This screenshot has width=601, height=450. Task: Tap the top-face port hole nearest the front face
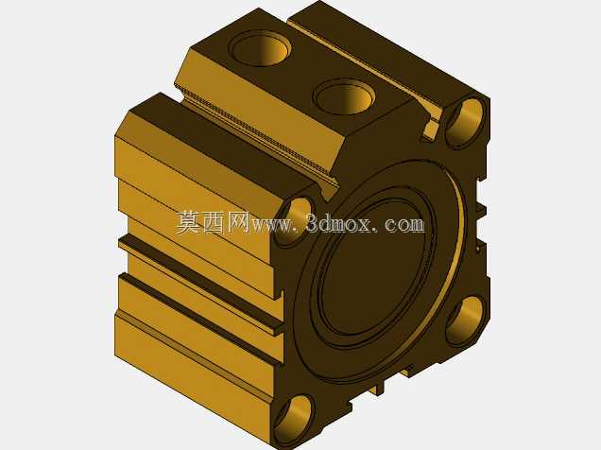click(x=345, y=96)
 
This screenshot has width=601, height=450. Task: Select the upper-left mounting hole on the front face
click(x=294, y=222)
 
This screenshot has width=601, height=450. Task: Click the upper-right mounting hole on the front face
click(x=465, y=122)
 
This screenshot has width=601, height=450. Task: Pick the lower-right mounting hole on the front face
click(x=465, y=321)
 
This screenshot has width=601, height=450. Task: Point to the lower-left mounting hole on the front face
click(x=294, y=422)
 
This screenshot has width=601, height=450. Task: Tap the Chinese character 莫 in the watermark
click(x=189, y=222)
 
